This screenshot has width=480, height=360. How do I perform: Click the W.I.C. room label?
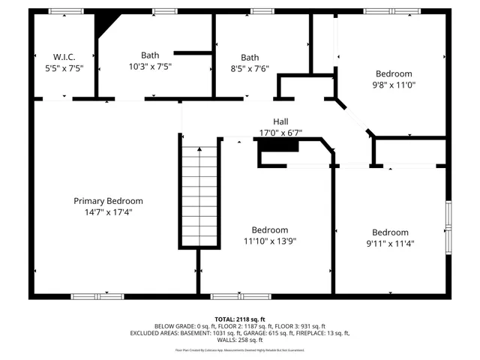click(x=64, y=57)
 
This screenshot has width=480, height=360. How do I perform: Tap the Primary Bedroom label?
click(x=108, y=201)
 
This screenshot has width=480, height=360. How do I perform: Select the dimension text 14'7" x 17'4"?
click(x=108, y=212)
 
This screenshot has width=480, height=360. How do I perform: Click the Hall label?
click(x=280, y=121)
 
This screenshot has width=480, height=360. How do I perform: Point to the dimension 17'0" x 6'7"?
click(x=280, y=133)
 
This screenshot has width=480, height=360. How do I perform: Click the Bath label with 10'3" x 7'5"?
click(x=150, y=55)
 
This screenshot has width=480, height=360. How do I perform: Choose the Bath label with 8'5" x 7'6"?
click(x=250, y=57)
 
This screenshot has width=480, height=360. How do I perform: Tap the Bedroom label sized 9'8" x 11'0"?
click(x=394, y=73)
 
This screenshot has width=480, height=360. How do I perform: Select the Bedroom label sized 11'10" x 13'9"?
click(x=269, y=230)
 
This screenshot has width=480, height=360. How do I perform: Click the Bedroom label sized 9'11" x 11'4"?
click(x=390, y=232)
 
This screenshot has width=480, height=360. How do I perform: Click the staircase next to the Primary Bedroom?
click(x=200, y=195)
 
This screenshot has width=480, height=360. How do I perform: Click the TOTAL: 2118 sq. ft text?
click(x=240, y=319)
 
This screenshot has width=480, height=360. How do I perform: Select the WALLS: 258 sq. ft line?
click(x=240, y=340)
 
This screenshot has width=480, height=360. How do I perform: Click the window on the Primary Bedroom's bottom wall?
click(x=97, y=296)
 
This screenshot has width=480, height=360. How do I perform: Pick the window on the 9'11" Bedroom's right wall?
click(x=448, y=226)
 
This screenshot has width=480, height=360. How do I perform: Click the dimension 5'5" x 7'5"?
click(x=64, y=68)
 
